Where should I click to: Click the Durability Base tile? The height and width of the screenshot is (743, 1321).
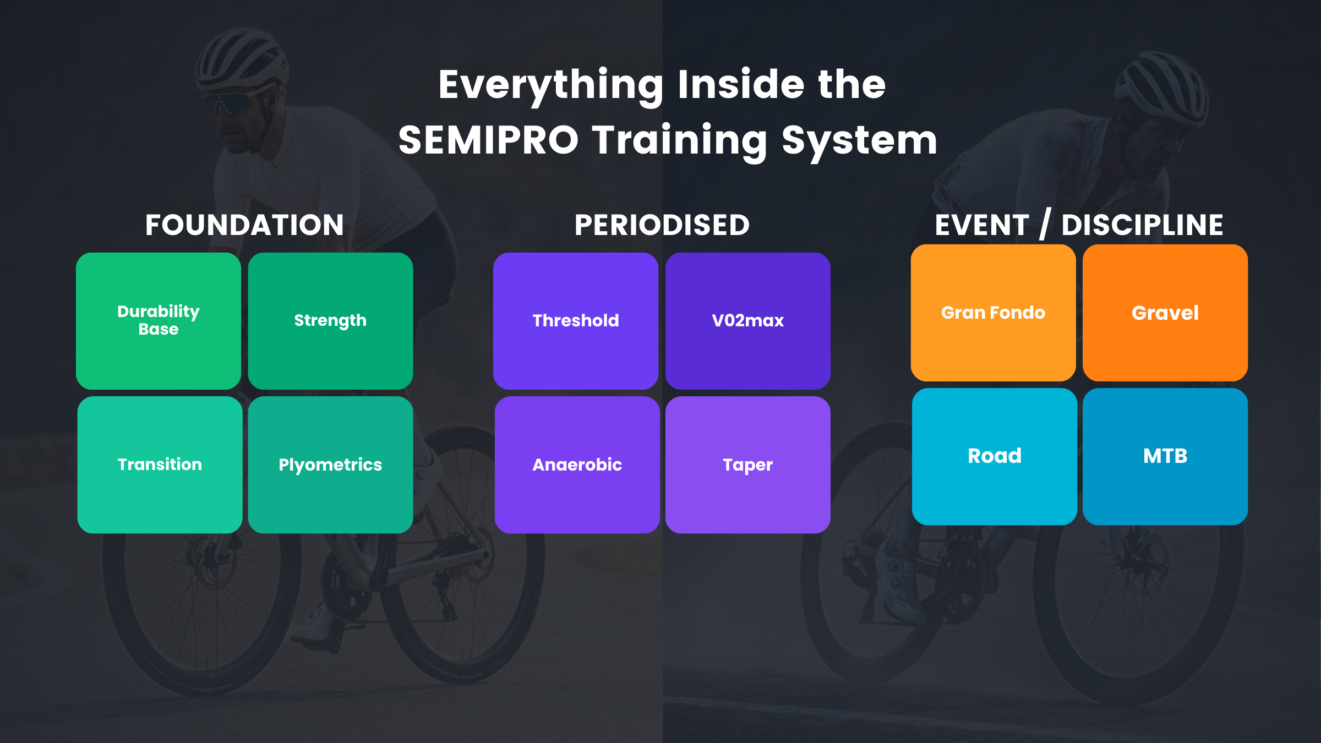tap(159, 321)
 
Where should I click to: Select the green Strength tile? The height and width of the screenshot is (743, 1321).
tap(330, 321)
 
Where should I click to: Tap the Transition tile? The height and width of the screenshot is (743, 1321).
tap(160, 465)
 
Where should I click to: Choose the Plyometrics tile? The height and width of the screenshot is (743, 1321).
tap(330, 465)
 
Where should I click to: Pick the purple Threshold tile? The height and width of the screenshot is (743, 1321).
tap(576, 321)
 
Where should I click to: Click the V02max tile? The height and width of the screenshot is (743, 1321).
tap(747, 321)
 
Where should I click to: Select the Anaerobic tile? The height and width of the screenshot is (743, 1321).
tap(577, 465)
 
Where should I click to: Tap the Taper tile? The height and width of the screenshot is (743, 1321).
tap(747, 465)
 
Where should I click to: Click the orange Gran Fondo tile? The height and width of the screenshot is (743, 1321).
tap(993, 313)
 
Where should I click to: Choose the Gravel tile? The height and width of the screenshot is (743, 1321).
tap(1165, 313)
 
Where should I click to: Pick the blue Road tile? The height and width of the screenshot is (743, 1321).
tap(994, 456)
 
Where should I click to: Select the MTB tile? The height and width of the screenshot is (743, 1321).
tap(1165, 456)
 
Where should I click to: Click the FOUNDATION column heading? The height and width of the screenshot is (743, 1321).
tap(244, 225)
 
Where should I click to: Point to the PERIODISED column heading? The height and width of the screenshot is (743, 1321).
tap(662, 225)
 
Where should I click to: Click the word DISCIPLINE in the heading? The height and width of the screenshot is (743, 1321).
tap(1142, 225)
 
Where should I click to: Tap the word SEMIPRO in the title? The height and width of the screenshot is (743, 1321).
tap(488, 140)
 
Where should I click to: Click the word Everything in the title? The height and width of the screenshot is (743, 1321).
tap(551, 85)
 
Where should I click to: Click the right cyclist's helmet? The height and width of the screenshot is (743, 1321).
tap(1161, 88)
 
